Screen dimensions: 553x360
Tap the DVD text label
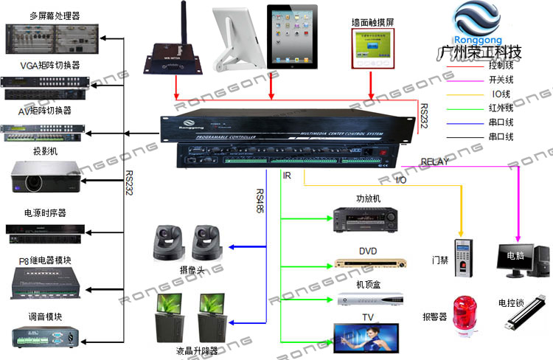click(x=367, y=251)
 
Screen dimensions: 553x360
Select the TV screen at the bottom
click(x=366, y=336)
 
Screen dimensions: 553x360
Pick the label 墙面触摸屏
click(x=373, y=23)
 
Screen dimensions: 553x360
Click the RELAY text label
click(x=435, y=161)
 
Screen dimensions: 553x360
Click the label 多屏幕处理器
click(x=55, y=15)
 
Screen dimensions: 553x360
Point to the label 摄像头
click(x=190, y=271)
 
